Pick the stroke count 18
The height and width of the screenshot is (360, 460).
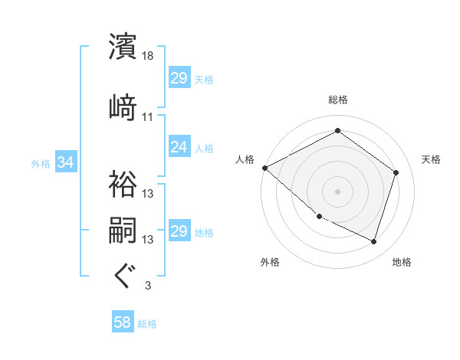click(148, 56)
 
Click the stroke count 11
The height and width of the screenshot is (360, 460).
click(148, 117)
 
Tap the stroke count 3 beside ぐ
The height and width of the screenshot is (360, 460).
click(147, 286)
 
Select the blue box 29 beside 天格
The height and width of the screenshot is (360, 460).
click(179, 78)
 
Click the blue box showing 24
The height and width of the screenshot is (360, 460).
click(179, 147)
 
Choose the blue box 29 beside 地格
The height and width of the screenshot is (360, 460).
click(179, 231)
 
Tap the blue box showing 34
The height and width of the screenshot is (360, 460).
click(65, 162)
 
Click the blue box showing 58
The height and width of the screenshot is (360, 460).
click(123, 323)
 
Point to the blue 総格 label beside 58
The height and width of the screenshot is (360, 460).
click(147, 324)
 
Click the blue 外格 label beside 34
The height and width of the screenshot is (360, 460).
click(41, 163)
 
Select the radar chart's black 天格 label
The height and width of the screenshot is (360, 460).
click(431, 159)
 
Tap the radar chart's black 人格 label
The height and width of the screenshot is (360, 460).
click(245, 159)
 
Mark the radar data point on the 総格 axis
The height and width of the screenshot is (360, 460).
click(337, 131)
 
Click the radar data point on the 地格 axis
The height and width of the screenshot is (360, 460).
click(373, 242)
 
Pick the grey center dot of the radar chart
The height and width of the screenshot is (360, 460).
click(337, 191)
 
